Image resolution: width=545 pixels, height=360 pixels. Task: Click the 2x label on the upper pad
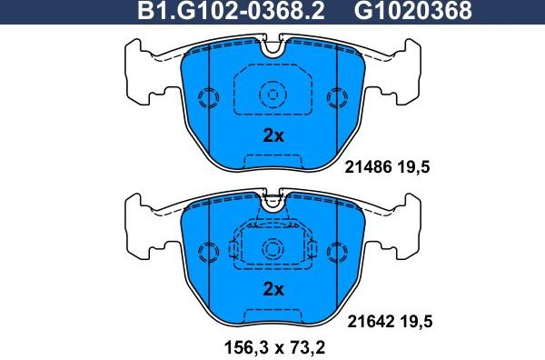(x=273, y=136)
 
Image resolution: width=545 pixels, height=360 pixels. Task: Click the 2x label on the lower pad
(x=273, y=290)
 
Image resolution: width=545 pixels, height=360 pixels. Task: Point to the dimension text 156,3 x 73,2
(x=272, y=346)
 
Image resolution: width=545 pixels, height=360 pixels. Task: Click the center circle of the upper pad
(x=272, y=94)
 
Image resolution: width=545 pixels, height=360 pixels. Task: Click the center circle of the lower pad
(x=272, y=247)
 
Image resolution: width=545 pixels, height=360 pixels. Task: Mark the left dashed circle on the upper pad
(x=208, y=97)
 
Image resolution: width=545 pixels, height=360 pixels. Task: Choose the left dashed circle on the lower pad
(x=208, y=251)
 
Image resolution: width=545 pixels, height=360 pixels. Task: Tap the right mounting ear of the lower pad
(x=410, y=224)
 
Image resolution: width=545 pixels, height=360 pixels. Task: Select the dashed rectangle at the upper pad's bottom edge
(x=272, y=162)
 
